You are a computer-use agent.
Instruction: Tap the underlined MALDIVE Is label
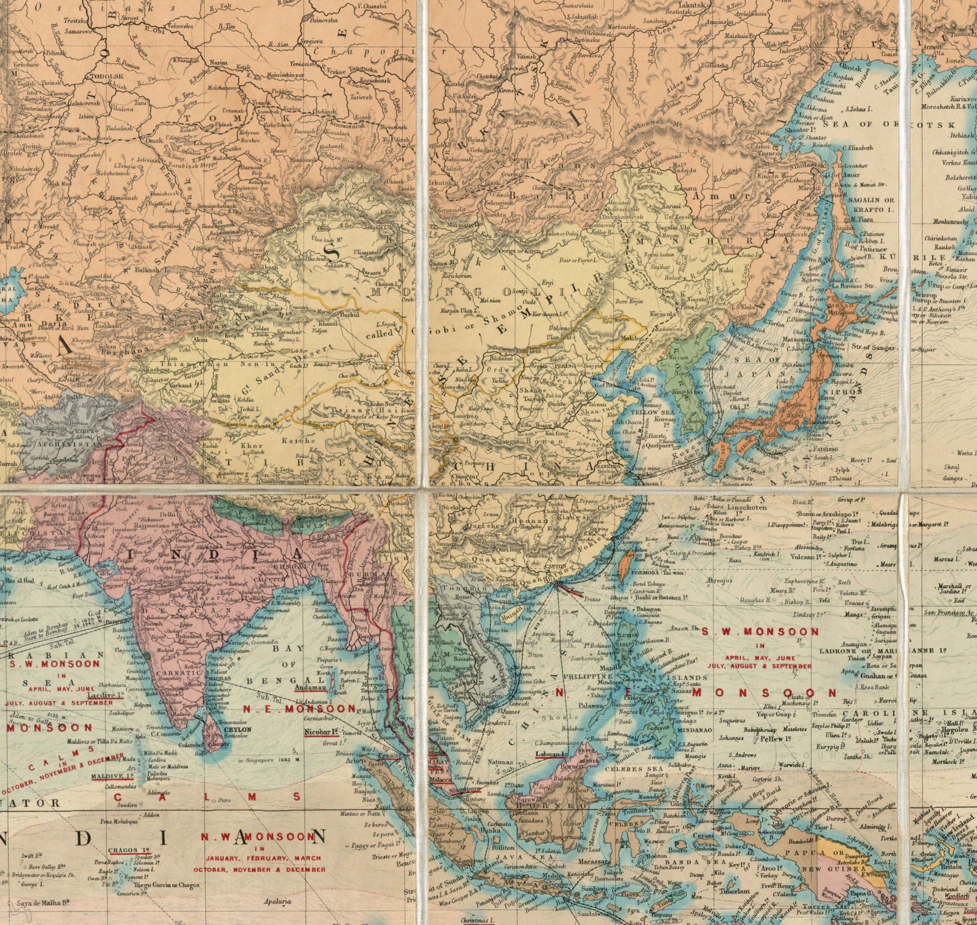pos(108,776)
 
